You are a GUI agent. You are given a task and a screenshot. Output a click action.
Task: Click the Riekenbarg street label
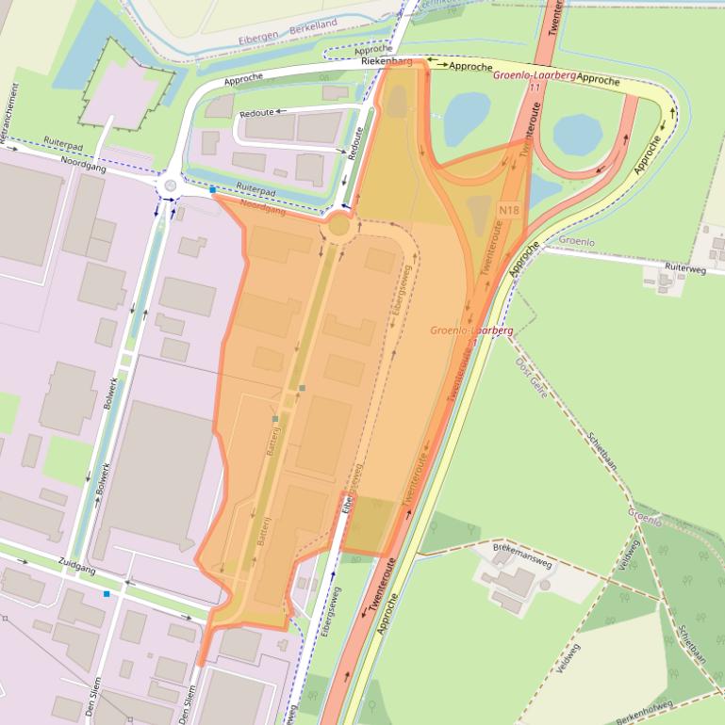[x=387, y=62]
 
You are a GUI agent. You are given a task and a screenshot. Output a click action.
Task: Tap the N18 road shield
[x=509, y=210]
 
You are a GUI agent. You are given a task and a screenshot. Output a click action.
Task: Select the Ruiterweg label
[x=684, y=267]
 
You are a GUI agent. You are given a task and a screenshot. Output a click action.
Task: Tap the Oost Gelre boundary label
[x=532, y=372]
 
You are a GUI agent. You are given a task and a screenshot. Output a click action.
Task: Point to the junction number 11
[x=536, y=87]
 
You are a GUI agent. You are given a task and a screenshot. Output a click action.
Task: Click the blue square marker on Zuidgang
[x=107, y=594]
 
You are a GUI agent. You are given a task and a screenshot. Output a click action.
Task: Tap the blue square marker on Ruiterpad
[x=213, y=190]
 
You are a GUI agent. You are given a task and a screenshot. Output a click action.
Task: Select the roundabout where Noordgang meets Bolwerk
[x=170, y=185]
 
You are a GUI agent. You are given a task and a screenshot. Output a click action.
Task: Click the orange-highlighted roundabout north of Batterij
[x=338, y=227]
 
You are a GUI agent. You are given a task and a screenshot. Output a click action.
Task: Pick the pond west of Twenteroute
[x=465, y=118]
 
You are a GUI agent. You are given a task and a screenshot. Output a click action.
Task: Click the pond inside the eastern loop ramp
[x=577, y=135]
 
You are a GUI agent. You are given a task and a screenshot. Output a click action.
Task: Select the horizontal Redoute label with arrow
[x=257, y=112]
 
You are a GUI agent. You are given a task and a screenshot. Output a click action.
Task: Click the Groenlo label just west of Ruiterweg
[x=576, y=241]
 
